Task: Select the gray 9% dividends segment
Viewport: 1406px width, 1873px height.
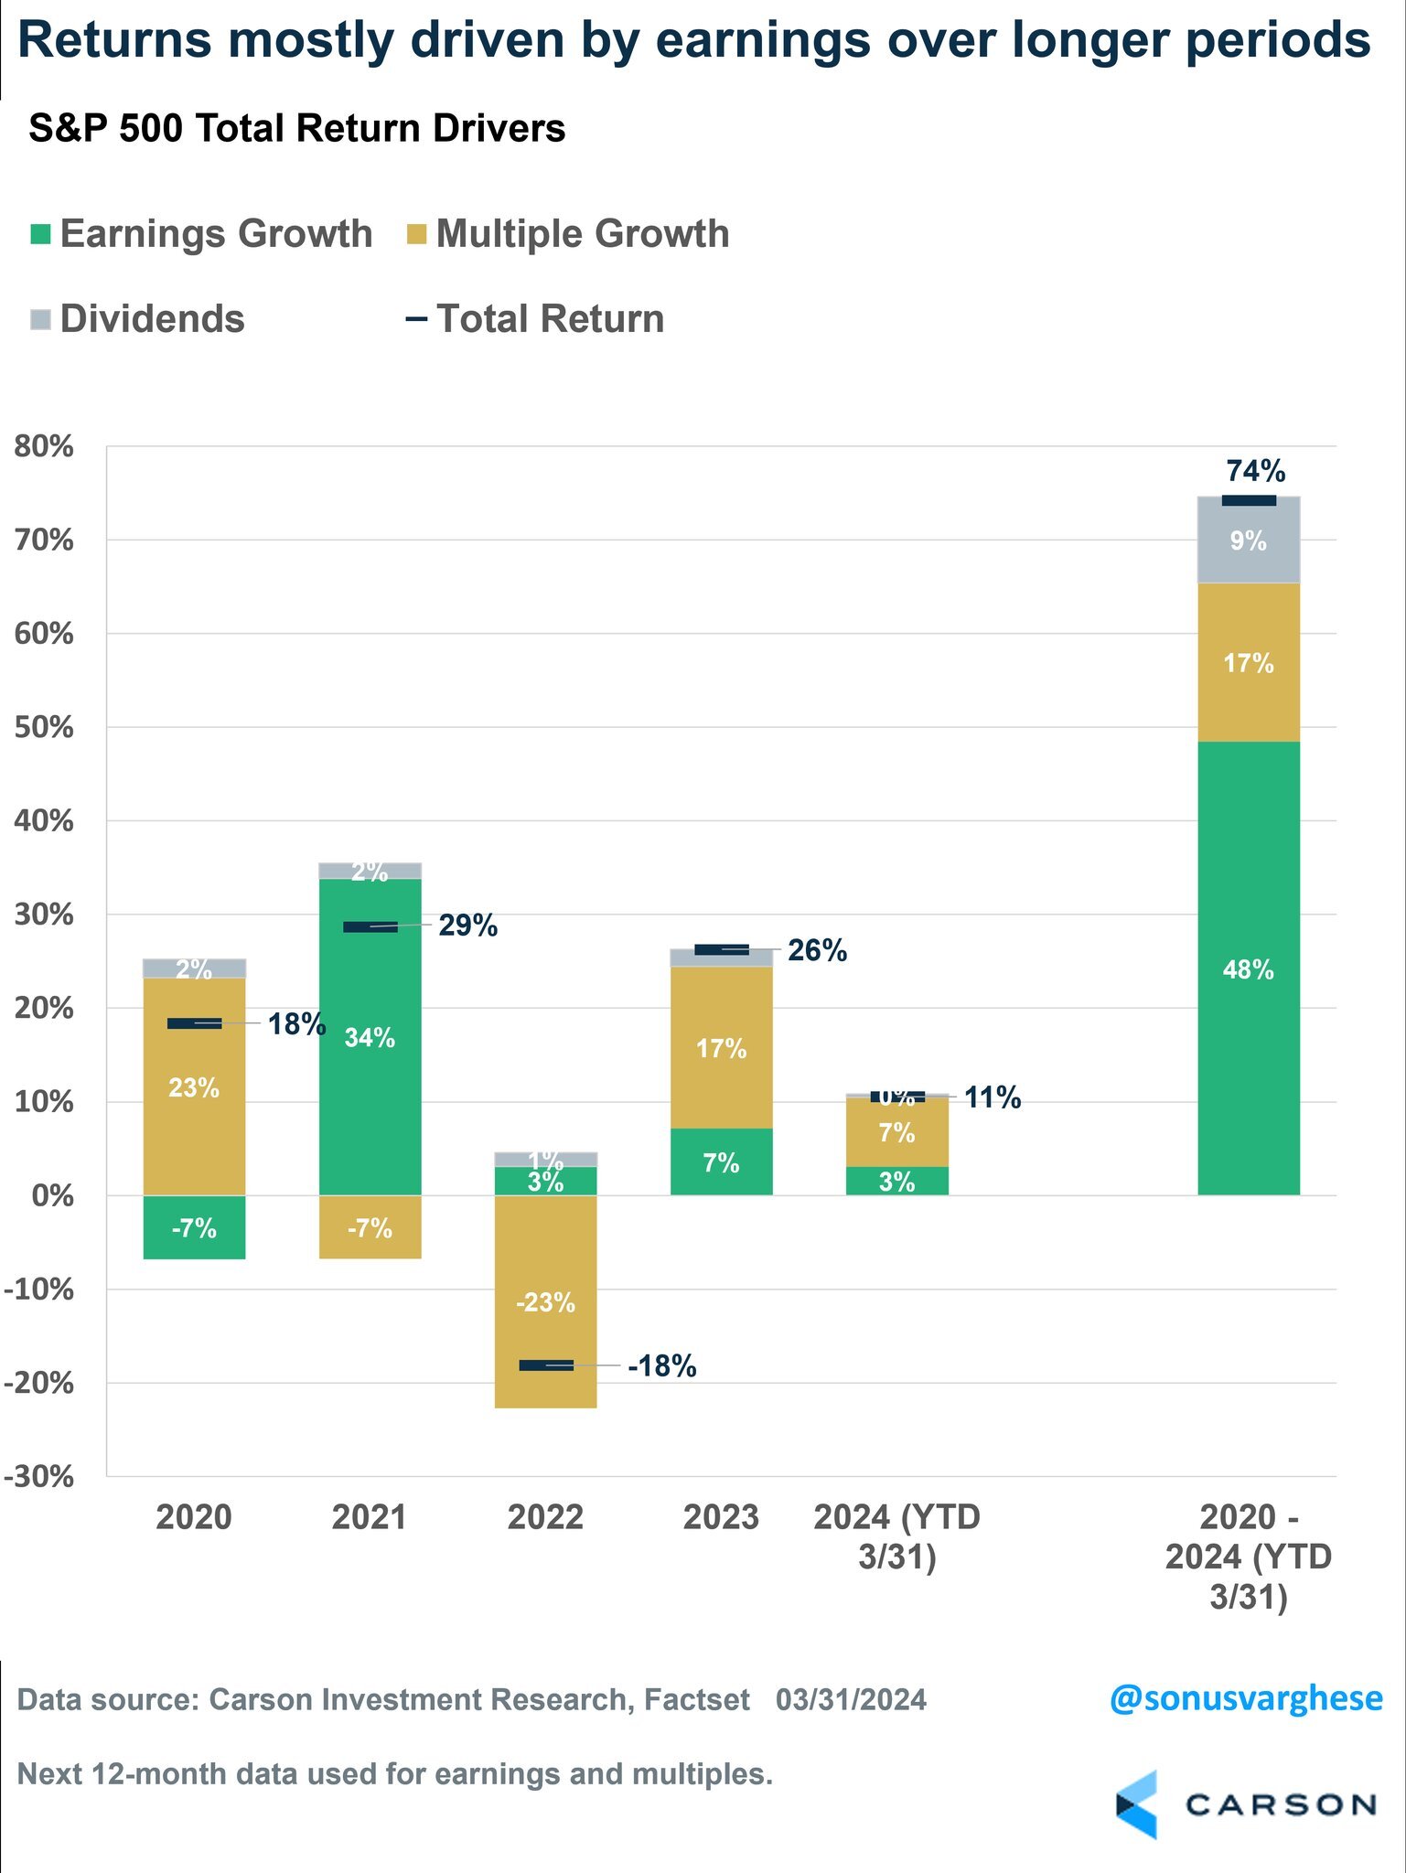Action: point(1248,540)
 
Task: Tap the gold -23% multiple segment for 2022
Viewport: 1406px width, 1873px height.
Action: point(545,1301)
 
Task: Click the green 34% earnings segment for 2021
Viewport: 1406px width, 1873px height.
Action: point(370,1036)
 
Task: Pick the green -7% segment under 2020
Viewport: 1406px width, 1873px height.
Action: point(194,1227)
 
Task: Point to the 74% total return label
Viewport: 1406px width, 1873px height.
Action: point(1255,471)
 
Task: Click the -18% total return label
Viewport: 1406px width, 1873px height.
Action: point(661,1366)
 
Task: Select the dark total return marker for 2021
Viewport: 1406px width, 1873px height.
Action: point(370,926)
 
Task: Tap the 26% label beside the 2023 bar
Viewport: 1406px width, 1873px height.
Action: point(817,950)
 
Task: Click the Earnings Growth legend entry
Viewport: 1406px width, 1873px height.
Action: point(201,234)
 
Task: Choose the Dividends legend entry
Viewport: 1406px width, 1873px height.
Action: point(137,319)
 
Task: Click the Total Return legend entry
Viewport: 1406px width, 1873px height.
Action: point(535,319)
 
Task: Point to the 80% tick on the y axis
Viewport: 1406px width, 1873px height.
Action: point(44,447)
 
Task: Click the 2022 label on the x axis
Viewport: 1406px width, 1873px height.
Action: point(545,1517)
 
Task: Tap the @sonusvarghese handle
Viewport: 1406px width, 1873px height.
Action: point(1245,1698)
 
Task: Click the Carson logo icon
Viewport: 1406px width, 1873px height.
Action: point(1137,1804)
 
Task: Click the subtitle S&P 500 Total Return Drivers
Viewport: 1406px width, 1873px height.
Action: point(296,128)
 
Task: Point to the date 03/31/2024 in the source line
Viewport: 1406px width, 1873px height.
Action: point(851,1699)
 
